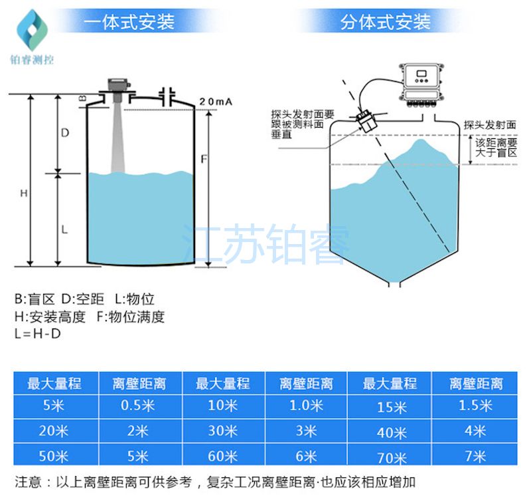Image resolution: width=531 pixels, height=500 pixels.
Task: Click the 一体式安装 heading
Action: (x=130, y=22)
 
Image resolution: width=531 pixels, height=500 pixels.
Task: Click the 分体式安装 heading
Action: (x=385, y=22)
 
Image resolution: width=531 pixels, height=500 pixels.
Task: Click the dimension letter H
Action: (x=23, y=193)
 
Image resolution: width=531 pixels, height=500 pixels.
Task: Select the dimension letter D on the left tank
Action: (x=65, y=133)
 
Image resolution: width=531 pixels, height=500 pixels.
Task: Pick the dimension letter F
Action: (x=204, y=160)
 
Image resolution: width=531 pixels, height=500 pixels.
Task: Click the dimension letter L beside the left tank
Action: (x=64, y=229)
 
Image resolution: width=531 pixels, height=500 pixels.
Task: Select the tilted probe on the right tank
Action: (x=366, y=120)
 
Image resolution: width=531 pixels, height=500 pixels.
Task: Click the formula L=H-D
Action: (x=37, y=334)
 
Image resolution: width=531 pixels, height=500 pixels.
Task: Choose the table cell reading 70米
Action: (x=390, y=458)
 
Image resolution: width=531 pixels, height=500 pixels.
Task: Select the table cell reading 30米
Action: (x=222, y=431)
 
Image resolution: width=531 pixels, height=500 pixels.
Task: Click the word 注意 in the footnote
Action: (x=27, y=481)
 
